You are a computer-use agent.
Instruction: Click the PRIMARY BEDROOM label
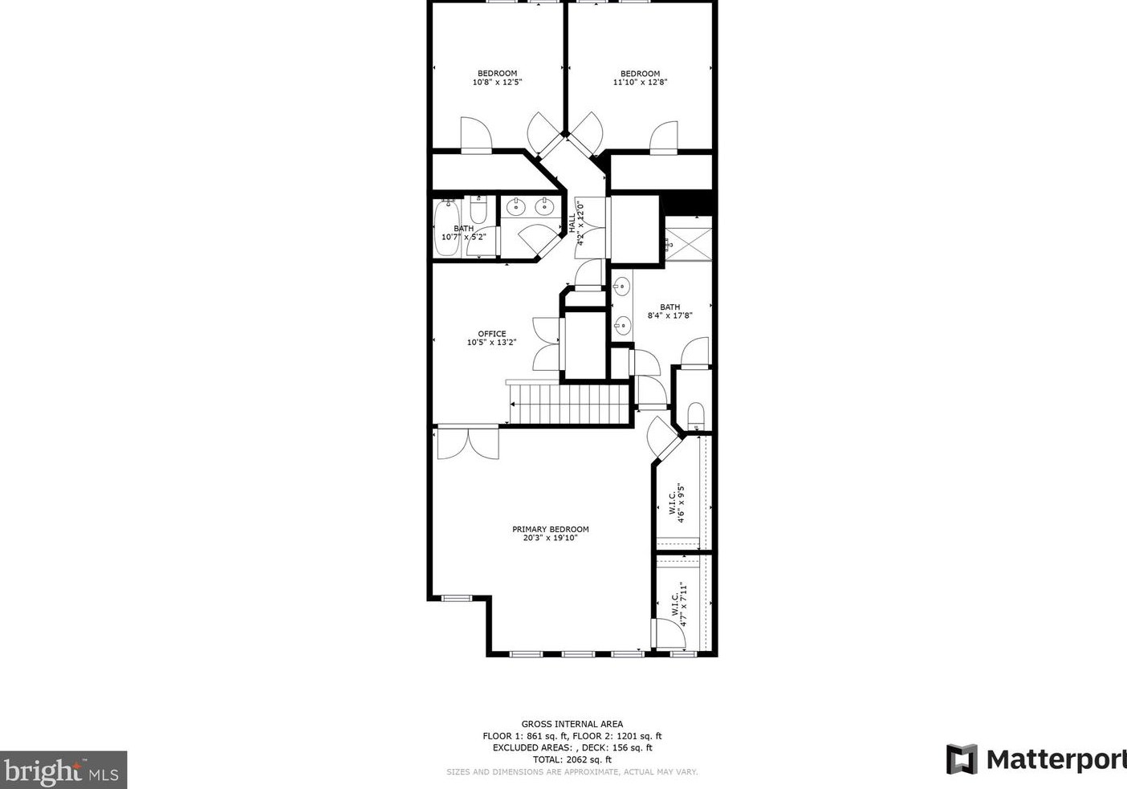(x=550, y=529)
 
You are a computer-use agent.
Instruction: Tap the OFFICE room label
(x=491, y=334)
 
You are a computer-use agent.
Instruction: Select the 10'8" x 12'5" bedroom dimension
(x=497, y=82)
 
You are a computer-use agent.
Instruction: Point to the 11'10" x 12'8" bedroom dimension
(x=640, y=82)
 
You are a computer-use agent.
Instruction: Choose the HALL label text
(x=572, y=223)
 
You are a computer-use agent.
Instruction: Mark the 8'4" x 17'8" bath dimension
(x=669, y=315)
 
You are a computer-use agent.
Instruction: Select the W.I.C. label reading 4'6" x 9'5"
(x=676, y=502)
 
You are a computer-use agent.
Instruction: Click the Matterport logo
(x=1035, y=758)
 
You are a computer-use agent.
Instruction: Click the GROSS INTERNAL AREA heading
(x=572, y=724)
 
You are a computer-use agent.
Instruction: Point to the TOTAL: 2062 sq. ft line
(x=572, y=759)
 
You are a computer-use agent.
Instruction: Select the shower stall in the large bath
(x=688, y=238)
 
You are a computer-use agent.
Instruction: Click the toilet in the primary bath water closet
(x=695, y=414)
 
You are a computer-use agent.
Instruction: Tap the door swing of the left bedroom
(x=474, y=134)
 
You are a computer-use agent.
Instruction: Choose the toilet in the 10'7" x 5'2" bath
(x=478, y=212)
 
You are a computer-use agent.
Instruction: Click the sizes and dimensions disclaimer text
(x=572, y=772)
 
